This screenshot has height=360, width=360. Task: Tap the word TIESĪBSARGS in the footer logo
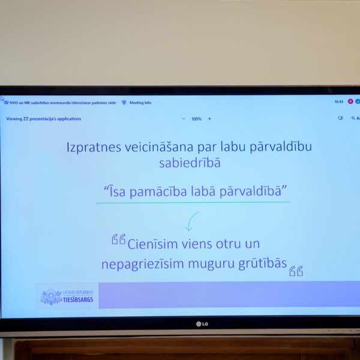[79, 299]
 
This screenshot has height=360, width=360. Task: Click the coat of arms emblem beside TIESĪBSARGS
[51, 296]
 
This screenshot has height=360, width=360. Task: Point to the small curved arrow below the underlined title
[191, 221]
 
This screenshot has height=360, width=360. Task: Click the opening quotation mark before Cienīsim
[118, 240]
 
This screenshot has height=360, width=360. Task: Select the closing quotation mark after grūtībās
[296, 271]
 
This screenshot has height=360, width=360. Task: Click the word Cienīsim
[152, 244]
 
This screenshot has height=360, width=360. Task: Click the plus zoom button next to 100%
[209, 119]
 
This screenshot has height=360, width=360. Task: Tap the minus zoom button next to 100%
[184, 119]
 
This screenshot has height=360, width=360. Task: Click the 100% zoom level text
[196, 119]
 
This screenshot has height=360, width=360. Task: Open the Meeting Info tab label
[140, 103]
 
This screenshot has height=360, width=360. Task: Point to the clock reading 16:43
[339, 102]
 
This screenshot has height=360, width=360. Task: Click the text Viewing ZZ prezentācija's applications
[44, 119]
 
